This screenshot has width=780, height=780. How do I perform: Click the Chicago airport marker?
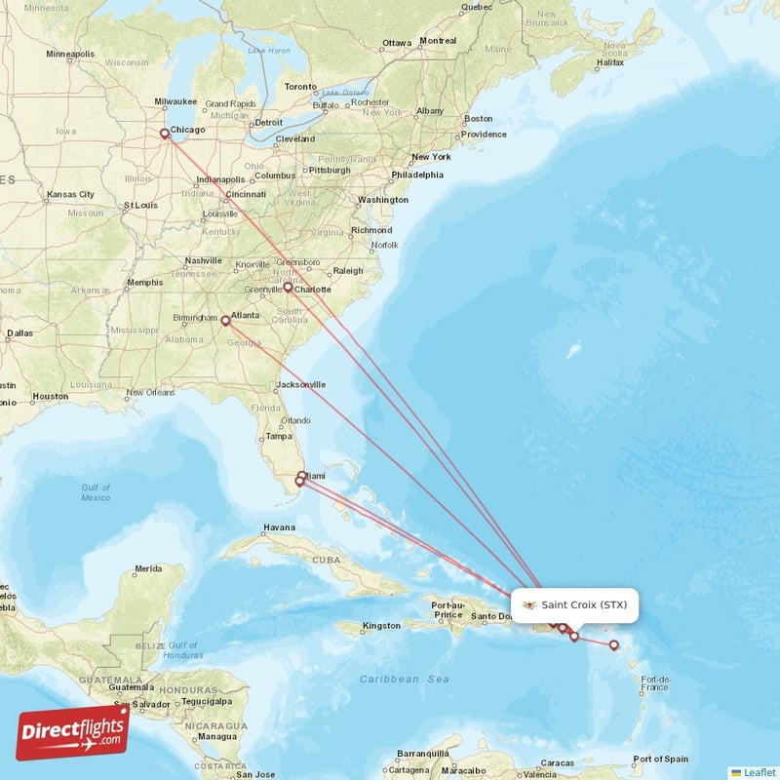(x=164, y=134)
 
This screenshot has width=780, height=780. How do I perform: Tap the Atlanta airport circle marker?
(x=225, y=320)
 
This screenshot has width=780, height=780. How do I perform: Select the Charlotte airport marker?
(x=288, y=288)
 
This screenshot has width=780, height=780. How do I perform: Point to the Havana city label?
(x=278, y=528)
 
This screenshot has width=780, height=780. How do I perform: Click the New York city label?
(x=431, y=157)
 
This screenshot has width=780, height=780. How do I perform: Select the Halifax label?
(x=610, y=62)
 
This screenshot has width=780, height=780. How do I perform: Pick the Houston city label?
(x=50, y=397)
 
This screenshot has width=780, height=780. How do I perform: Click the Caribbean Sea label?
(x=405, y=679)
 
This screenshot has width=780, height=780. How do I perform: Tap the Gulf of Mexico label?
(x=96, y=492)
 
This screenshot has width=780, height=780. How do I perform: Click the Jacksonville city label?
(x=300, y=385)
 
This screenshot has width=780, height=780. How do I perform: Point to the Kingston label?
(x=380, y=626)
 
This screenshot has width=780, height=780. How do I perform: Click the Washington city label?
(x=382, y=200)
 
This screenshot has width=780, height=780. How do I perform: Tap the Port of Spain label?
(x=661, y=760)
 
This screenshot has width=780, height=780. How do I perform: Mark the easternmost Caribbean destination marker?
(x=613, y=644)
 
